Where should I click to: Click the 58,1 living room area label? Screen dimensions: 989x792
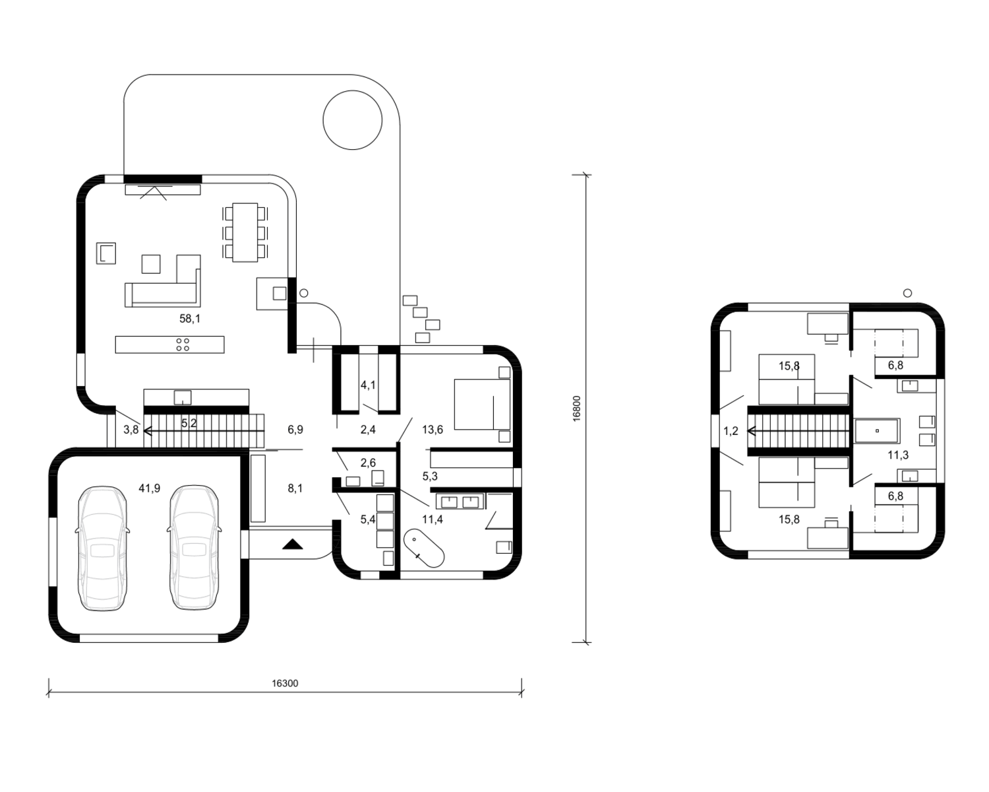point(190,319)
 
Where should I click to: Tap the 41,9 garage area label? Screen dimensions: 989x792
point(150,488)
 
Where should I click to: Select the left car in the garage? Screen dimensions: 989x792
point(102,548)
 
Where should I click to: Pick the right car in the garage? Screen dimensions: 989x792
point(194,548)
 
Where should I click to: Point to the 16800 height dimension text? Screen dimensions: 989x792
point(577,408)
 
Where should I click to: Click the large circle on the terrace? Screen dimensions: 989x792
point(353,120)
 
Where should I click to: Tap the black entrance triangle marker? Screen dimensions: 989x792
point(293,544)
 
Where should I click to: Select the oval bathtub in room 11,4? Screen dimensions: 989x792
point(424,548)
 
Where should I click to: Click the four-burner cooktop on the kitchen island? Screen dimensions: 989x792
point(183,345)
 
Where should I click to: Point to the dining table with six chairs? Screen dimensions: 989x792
point(245,232)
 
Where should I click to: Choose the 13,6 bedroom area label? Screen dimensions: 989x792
point(433,430)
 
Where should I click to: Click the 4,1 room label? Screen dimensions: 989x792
point(368,385)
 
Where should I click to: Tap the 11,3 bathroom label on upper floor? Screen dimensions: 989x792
point(898,455)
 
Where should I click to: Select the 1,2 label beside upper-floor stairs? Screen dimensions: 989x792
point(731,431)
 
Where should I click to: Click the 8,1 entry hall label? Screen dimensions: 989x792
point(295,488)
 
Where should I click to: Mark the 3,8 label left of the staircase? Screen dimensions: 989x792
point(131,430)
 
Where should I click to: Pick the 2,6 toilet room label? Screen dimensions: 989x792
point(368,463)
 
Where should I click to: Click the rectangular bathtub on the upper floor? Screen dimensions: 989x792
point(877,431)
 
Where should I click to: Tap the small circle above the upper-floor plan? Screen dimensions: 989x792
point(907,292)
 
